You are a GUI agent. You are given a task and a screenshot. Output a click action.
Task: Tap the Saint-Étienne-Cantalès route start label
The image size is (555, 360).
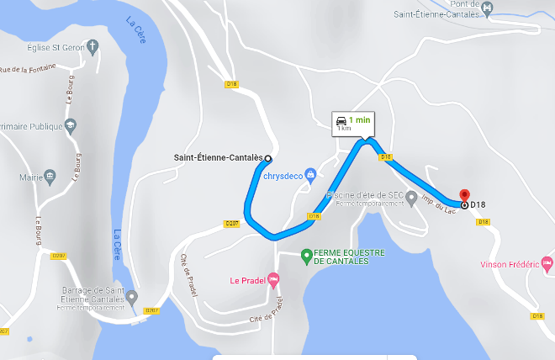[216, 158]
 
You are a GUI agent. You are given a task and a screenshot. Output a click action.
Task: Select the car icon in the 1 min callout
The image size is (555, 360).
[341, 120]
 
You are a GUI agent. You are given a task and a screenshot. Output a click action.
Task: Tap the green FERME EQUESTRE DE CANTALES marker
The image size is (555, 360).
[307, 253]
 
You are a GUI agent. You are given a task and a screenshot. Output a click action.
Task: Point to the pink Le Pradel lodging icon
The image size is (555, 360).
[272, 280]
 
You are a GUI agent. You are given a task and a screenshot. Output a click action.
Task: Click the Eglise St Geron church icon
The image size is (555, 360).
[93, 47]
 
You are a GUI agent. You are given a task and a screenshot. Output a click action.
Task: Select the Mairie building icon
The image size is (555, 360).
[51, 177]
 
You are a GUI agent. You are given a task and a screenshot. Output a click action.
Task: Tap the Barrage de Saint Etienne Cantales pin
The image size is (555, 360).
[132, 296]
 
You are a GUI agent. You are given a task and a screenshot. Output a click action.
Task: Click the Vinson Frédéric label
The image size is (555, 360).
[509, 264]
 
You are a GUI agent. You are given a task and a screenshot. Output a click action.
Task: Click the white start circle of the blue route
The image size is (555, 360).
[268, 158]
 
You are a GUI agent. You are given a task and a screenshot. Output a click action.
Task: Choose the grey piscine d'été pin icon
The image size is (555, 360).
[411, 198]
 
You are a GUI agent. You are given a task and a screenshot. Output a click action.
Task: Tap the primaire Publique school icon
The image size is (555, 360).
[71, 125]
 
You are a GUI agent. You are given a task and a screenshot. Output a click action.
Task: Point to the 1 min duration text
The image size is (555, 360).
[360, 119]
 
